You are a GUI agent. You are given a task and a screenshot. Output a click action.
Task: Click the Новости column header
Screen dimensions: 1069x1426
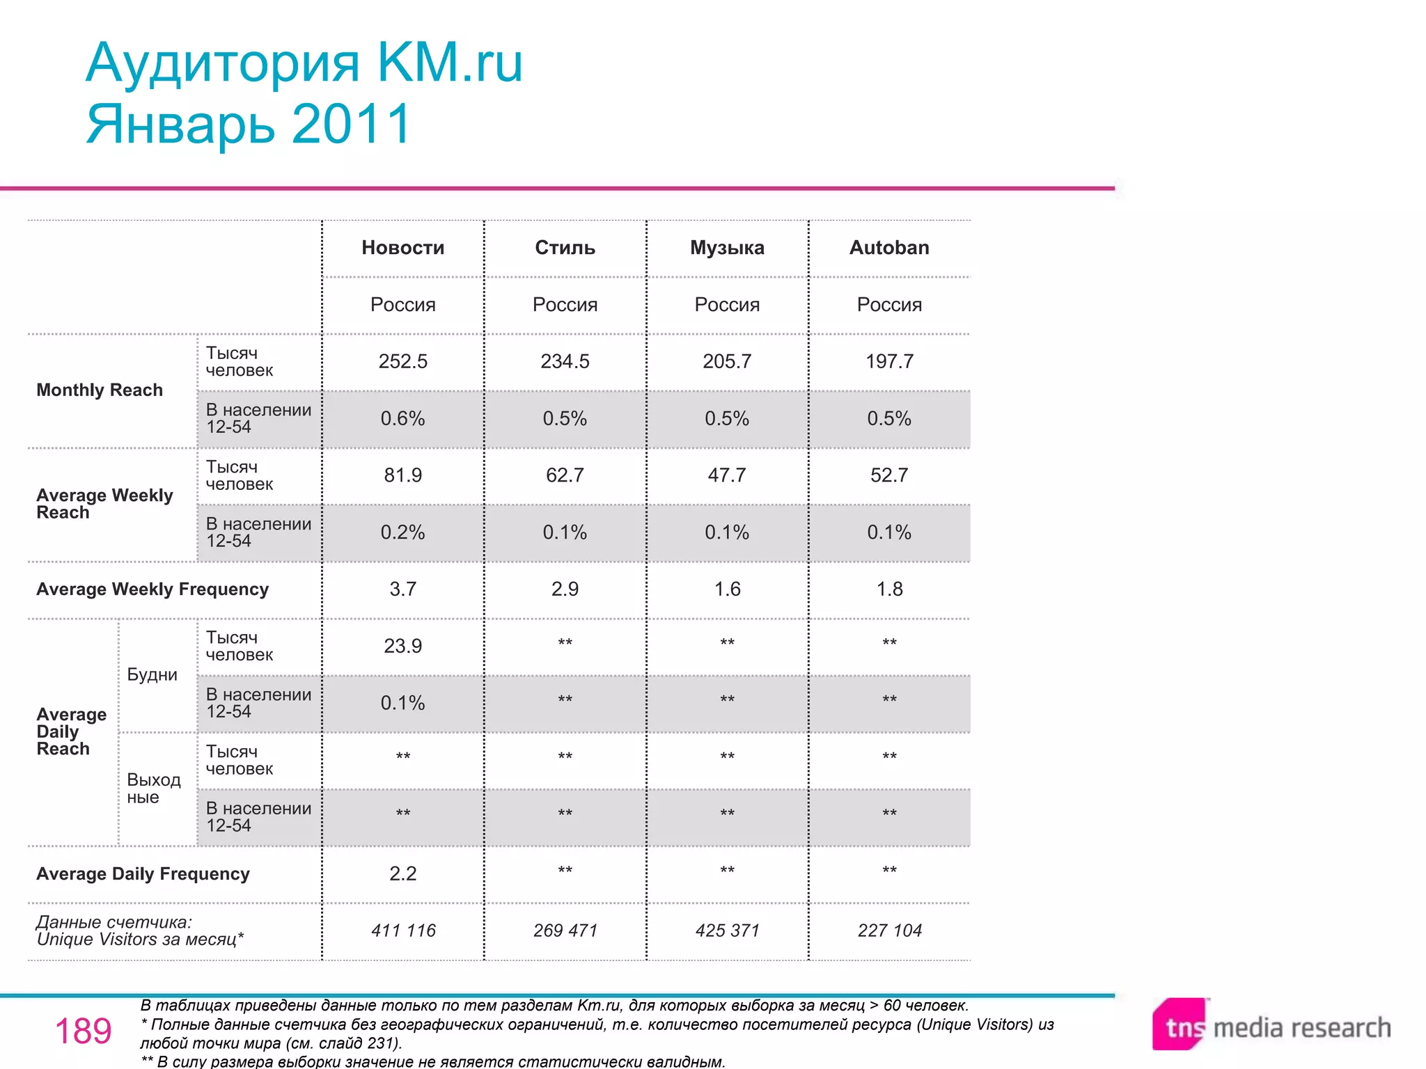402,248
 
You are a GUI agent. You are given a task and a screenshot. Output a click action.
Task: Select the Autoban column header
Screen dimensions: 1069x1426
889,248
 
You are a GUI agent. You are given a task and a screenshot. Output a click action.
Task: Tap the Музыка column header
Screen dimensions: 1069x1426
727,248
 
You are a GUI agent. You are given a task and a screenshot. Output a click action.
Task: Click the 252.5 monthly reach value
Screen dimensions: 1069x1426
402,361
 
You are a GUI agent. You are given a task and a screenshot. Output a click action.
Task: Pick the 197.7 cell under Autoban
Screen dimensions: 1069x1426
889,361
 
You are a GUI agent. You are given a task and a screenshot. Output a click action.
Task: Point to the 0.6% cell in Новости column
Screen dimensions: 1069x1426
402,418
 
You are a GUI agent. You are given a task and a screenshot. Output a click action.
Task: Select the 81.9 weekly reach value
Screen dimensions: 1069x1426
402,475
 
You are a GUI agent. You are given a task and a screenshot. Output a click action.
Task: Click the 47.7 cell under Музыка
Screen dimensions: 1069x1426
727,475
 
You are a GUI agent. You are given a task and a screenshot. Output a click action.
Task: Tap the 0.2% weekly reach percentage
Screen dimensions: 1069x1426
402,532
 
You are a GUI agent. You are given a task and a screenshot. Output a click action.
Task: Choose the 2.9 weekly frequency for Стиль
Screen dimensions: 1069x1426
565,589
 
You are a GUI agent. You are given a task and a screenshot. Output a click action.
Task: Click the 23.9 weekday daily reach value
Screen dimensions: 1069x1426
402,646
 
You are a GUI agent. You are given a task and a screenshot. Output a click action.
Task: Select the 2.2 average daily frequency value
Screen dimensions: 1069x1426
402,873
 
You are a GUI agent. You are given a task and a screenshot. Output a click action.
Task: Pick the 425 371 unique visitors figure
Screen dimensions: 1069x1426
727,931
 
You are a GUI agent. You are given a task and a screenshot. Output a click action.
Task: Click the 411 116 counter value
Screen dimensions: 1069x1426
402,931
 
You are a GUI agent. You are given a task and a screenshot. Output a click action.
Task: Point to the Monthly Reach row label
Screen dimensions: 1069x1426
100,390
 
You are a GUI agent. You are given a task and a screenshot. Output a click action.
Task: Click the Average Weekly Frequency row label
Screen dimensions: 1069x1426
152,589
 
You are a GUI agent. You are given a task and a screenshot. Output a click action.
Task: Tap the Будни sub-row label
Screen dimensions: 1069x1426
152,674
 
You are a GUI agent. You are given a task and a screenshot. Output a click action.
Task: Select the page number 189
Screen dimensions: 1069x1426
83,1031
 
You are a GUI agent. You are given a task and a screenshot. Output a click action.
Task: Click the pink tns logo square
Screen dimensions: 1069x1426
1180,1025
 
